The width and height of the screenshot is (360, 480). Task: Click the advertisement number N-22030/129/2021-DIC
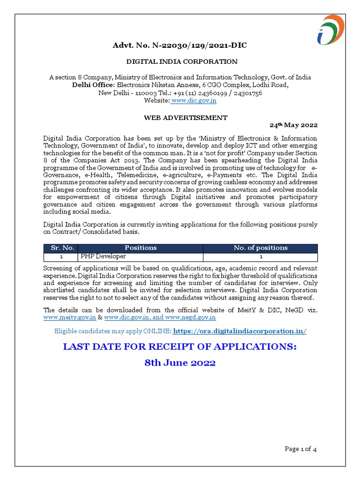[x=180, y=45]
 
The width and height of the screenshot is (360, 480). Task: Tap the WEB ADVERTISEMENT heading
[x=186, y=118]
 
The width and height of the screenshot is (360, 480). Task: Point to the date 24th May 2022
[x=293, y=125]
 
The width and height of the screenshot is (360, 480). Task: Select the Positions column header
[x=141, y=247]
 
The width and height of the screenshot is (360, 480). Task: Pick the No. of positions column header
[x=261, y=247]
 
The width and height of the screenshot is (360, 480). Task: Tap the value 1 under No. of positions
[x=261, y=257]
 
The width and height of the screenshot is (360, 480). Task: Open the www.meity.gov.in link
[x=69, y=317]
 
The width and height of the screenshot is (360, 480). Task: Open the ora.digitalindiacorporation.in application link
[x=240, y=331]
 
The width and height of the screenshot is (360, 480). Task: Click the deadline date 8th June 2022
[x=180, y=363]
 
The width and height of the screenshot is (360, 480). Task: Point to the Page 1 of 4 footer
[x=301, y=449]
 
